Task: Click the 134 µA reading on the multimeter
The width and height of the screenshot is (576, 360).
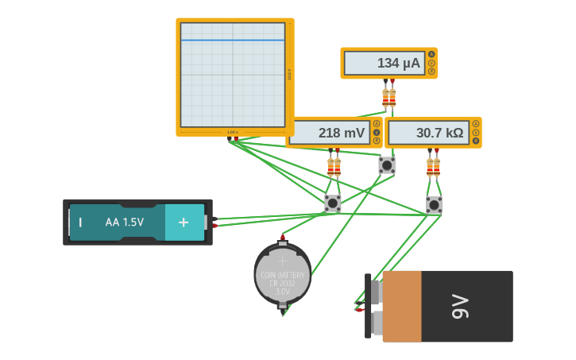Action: (384, 64)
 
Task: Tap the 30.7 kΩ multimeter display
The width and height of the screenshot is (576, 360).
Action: (429, 133)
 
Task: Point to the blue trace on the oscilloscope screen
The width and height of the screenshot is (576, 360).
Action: (232, 40)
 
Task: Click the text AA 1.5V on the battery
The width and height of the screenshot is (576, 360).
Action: (125, 223)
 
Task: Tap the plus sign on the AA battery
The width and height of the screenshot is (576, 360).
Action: (184, 223)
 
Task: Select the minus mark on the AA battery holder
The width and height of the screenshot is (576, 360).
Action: (79, 223)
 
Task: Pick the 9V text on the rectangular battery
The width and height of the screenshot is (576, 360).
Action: (461, 306)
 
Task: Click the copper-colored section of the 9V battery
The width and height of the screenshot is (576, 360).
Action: (401, 306)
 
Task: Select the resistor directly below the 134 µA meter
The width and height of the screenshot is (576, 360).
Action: (389, 97)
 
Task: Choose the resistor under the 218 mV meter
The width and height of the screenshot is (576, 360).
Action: (334, 167)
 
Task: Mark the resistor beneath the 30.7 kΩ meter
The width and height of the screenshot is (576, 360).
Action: (433, 166)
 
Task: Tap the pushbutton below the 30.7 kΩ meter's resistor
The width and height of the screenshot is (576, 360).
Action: (434, 205)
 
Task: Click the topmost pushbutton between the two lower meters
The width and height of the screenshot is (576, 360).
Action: (387, 165)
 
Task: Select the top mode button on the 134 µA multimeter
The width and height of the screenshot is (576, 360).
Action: (431, 55)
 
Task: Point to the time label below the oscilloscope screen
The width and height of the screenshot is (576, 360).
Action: (232, 132)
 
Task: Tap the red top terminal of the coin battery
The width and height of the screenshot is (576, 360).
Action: (282, 237)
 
